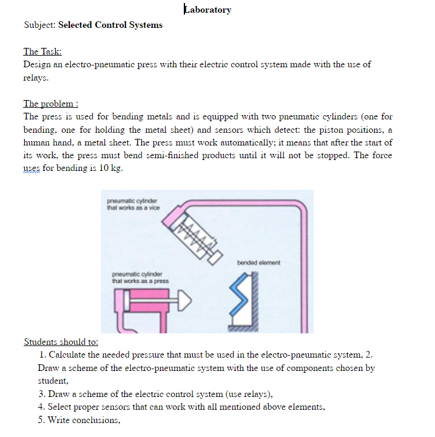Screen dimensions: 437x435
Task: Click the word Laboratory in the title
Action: coord(207,10)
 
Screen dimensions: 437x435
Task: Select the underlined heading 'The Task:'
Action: coord(42,52)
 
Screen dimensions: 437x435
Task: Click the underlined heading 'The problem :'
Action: coord(51,104)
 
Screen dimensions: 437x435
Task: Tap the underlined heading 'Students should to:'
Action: coord(61,342)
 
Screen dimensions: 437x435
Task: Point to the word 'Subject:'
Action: coord(39,25)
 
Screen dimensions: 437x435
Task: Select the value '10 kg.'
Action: coord(110,168)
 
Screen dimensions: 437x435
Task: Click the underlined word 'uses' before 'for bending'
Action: coord(32,168)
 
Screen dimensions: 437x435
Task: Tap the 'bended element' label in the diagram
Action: coord(258,262)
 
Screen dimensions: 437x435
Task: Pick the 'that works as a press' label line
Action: coord(140,281)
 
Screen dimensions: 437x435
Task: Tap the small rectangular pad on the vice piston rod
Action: coord(214,258)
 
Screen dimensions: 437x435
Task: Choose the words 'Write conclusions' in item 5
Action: coord(79,420)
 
